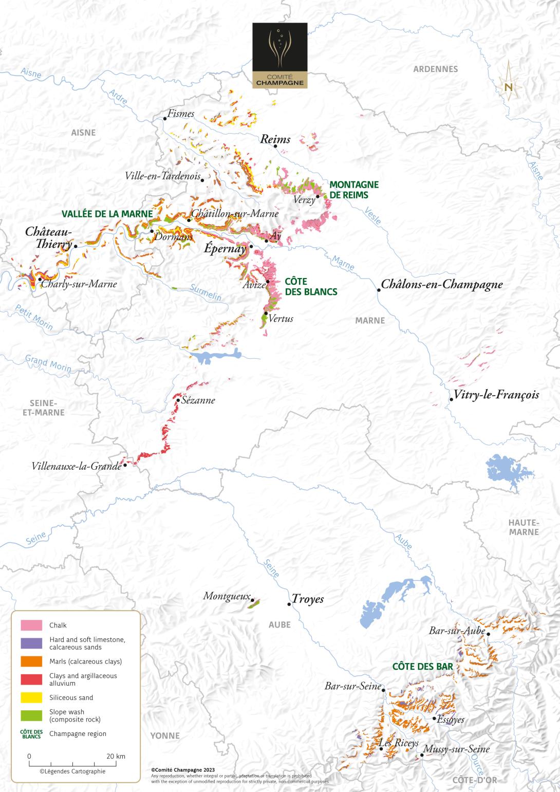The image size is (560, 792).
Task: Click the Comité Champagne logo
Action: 280,56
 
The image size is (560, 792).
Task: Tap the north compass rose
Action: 508,85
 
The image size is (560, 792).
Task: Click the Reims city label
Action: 275,139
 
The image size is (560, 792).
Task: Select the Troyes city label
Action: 308,599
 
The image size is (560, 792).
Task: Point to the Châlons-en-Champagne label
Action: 441,284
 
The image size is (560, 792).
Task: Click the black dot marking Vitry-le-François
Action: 451,399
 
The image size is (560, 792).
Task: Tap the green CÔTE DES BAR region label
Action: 422,666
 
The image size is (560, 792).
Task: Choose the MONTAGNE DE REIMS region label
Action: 354,189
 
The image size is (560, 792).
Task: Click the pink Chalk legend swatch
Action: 31,625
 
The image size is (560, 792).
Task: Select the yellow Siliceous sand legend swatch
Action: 31,697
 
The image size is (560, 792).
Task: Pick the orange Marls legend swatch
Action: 31,661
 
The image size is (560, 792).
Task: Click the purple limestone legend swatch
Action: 31,643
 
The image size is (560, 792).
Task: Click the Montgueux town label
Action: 227,596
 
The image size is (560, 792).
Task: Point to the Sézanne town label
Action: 198,400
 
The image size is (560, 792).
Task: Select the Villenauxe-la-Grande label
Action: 76,467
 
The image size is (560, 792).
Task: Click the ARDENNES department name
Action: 435,69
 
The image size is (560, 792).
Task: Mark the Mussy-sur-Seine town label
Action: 457,749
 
